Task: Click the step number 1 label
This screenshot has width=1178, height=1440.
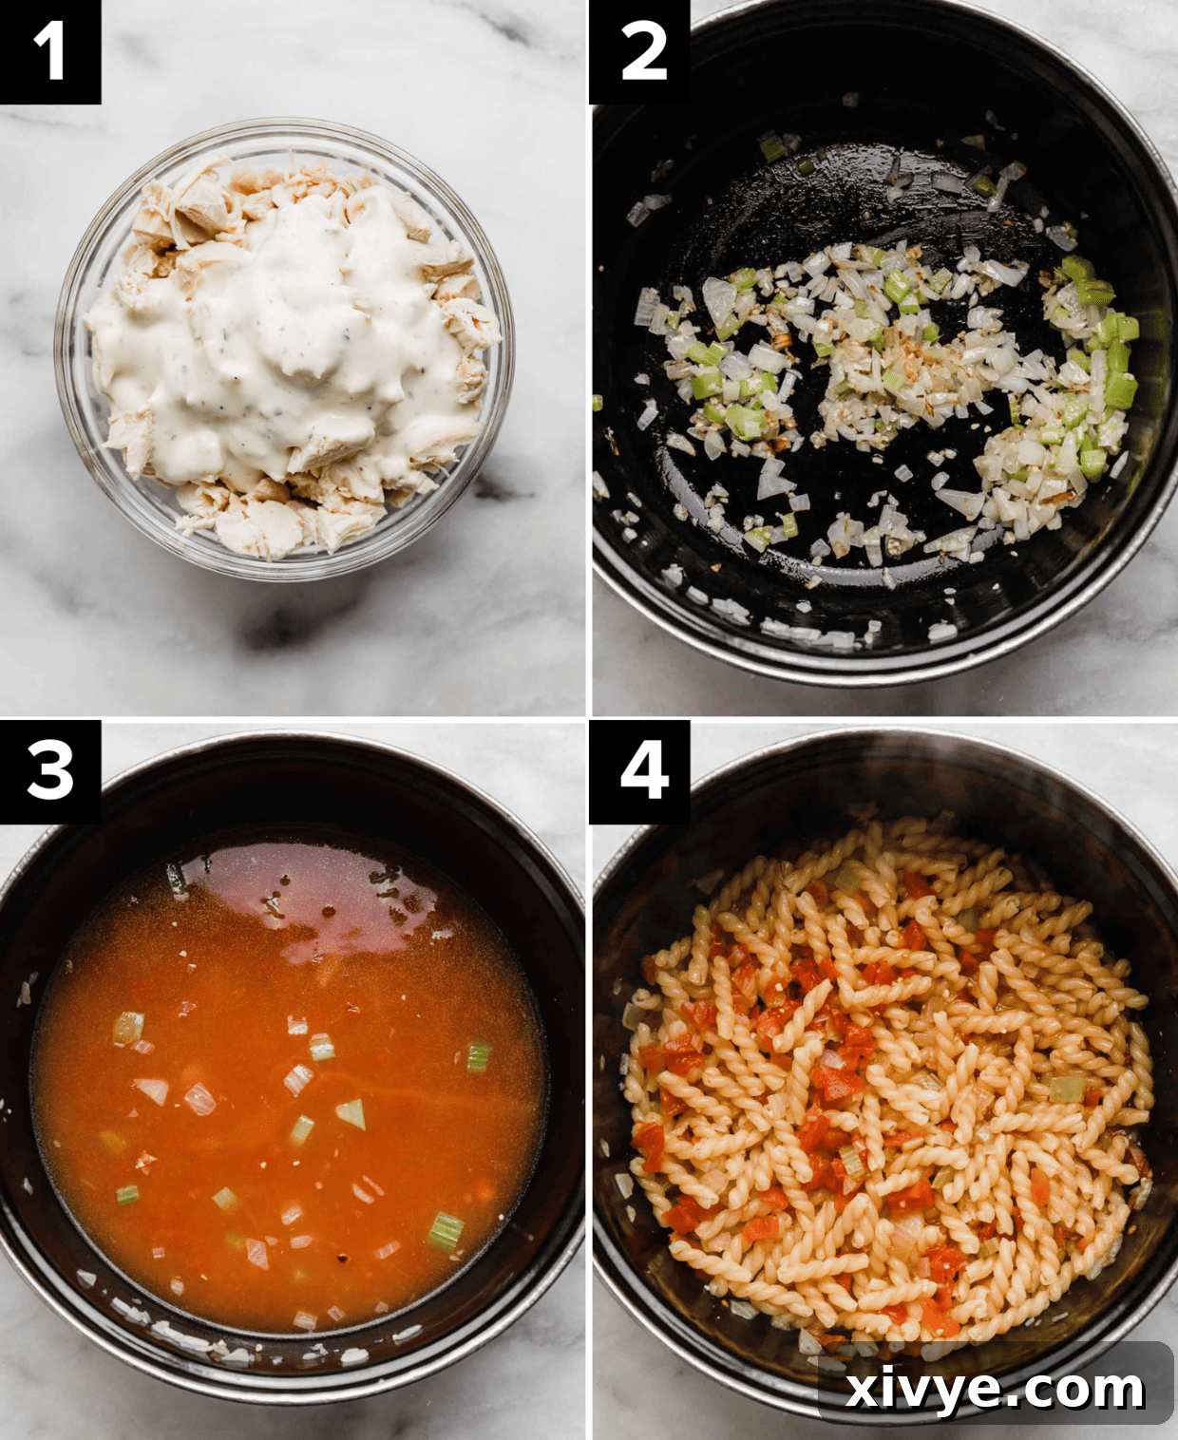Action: coord(49,51)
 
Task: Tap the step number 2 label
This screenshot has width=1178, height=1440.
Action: coord(642,51)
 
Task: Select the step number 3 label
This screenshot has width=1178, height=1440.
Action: coord(49,770)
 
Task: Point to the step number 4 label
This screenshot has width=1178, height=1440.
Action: coord(642,770)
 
